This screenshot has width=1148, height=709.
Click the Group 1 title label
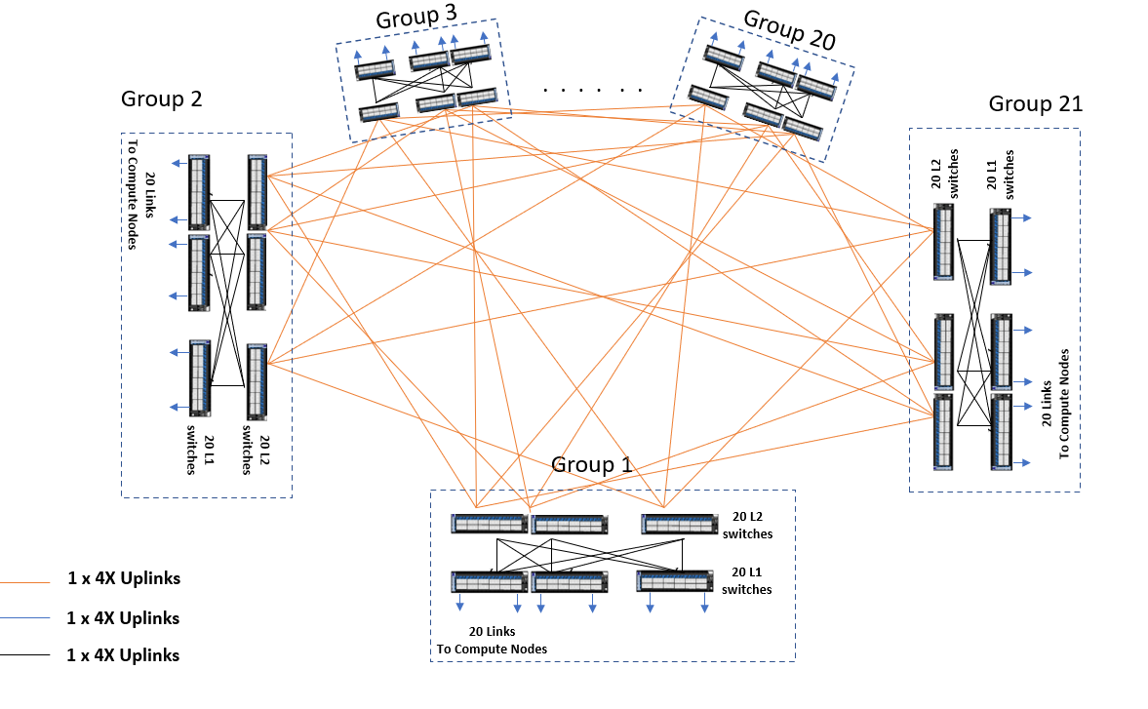click(591, 464)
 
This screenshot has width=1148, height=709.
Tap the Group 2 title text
click(161, 98)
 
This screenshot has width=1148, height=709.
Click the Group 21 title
click(1035, 104)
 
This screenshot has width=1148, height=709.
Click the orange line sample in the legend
click(24, 583)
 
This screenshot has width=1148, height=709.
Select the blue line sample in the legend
click(24, 618)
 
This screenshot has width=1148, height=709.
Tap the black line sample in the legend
click(24, 655)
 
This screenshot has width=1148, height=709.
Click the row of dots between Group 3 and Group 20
click(593, 90)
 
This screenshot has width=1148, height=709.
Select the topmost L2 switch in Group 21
click(943, 241)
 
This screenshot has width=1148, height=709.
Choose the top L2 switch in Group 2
click(257, 191)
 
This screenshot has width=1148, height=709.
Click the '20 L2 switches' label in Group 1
click(747, 525)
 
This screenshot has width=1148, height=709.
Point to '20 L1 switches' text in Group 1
click(746, 580)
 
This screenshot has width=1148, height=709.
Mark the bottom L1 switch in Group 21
click(1002, 430)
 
